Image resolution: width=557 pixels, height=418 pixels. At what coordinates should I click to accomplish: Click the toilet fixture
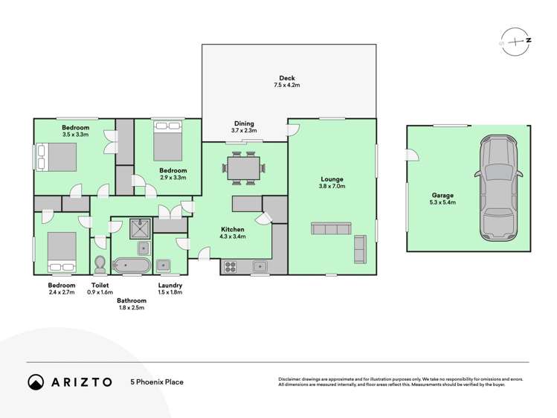(x=100, y=264)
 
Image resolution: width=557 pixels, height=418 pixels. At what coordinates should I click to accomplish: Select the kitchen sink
(x=260, y=266)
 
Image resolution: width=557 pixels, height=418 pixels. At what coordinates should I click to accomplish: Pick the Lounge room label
(x=332, y=179)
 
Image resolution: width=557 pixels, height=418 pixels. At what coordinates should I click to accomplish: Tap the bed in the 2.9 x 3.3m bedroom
(x=167, y=142)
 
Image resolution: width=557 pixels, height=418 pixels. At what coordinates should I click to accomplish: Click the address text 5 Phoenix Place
(x=157, y=382)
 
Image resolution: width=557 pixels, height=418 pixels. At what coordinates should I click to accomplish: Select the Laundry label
(x=170, y=286)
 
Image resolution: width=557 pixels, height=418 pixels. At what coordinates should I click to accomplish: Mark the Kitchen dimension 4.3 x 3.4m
(x=233, y=237)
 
